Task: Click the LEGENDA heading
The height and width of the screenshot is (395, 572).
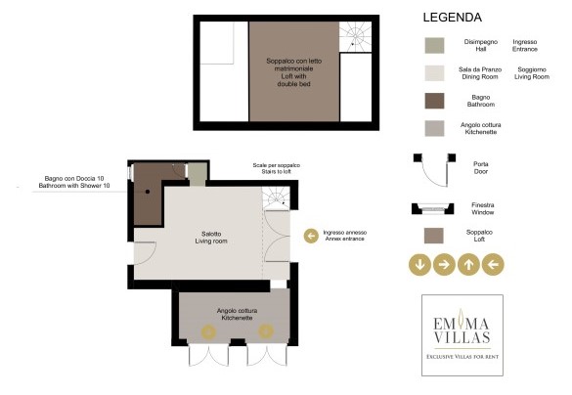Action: pyautogui.click(x=451, y=18)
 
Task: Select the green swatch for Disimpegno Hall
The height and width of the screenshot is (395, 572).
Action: pyautogui.click(x=434, y=45)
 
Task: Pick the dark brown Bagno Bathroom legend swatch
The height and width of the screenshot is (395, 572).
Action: pyautogui.click(x=434, y=100)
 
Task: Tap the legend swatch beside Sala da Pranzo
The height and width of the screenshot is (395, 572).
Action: pyautogui.click(x=434, y=72)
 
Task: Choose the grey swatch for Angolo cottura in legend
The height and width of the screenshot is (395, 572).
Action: pyautogui.click(x=434, y=128)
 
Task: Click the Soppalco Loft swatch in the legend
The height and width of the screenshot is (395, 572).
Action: pyautogui.click(x=434, y=235)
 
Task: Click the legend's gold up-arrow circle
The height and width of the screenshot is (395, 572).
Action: pyautogui.click(x=468, y=263)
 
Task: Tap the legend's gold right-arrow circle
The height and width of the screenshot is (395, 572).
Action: pyautogui.click(x=443, y=263)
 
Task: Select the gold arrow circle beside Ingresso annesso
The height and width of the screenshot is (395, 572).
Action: pyautogui.click(x=311, y=236)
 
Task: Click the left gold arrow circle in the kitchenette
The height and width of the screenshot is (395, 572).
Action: pyautogui.click(x=209, y=331)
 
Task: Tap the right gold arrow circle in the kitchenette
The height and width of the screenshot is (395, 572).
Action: pyautogui.click(x=264, y=331)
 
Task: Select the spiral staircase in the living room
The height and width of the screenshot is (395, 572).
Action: pyautogui.click(x=277, y=200)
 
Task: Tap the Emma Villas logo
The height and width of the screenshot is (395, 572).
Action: pyautogui.click(x=462, y=333)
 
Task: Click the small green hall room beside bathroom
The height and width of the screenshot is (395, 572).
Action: pyautogui.click(x=198, y=174)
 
